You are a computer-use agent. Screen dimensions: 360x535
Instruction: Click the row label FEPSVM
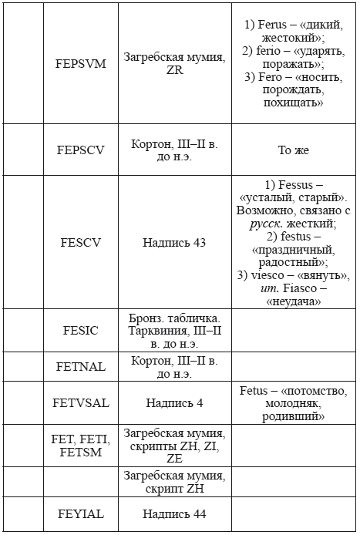(x=81, y=63)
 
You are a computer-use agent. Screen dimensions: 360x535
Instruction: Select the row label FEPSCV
(x=81, y=150)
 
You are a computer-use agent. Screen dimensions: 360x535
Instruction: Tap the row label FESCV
(x=81, y=242)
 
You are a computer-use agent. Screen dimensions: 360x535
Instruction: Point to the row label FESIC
(x=81, y=330)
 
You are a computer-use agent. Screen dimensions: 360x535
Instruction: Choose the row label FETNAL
(x=81, y=367)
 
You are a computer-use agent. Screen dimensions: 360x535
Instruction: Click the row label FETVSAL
(x=81, y=402)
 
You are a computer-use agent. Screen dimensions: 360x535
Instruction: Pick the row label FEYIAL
(x=81, y=513)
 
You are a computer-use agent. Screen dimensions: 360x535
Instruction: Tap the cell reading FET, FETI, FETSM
(x=81, y=446)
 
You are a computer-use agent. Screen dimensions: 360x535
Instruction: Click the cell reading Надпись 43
(x=174, y=242)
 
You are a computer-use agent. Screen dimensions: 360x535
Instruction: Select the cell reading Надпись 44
(x=174, y=513)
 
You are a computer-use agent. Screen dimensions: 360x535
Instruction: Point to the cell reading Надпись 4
(x=174, y=402)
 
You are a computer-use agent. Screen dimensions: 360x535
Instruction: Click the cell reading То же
(x=293, y=150)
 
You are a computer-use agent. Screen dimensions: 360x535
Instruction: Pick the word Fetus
(x=255, y=391)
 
